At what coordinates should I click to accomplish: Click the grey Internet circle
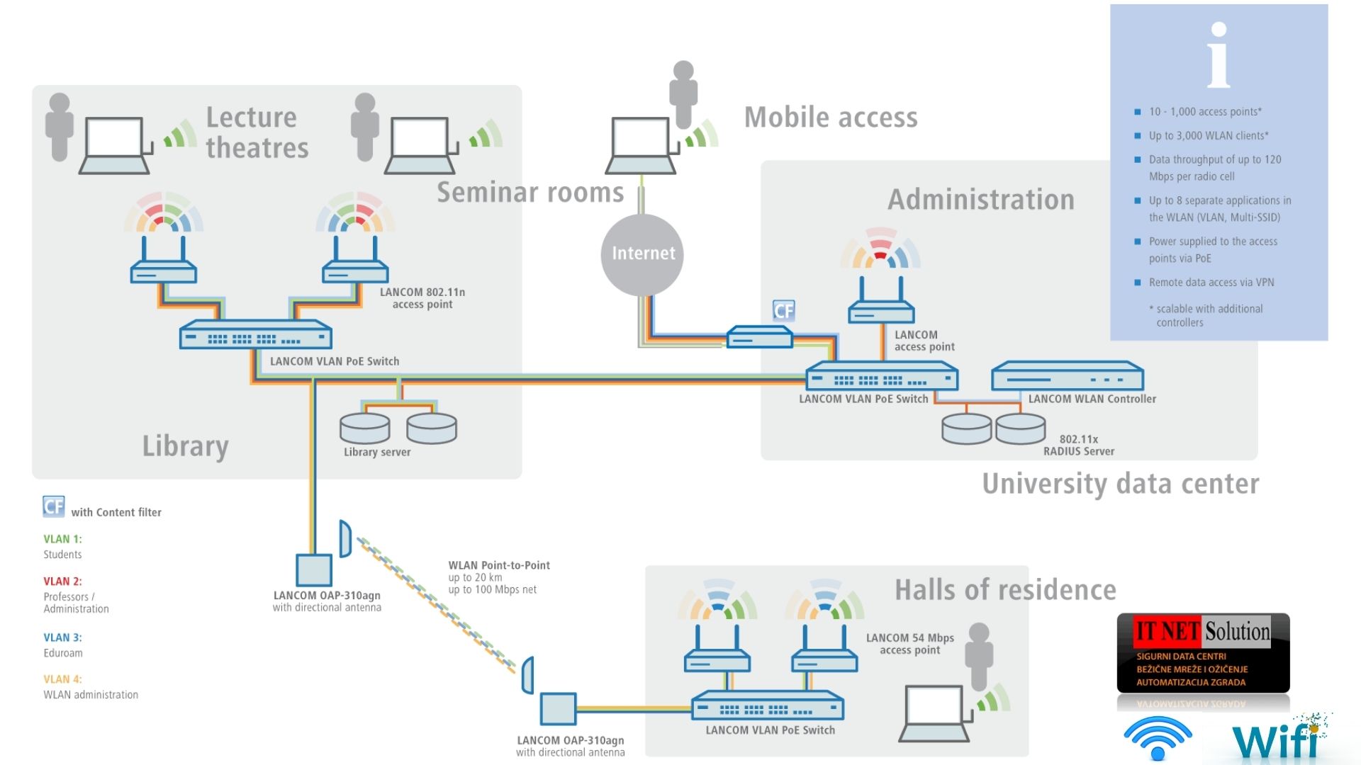pyautogui.click(x=642, y=254)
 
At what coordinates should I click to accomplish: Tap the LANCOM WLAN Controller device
pyautogui.click(x=1067, y=376)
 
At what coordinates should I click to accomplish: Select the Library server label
pyautogui.click(x=377, y=452)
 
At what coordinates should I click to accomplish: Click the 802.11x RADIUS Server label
pyautogui.click(x=1078, y=445)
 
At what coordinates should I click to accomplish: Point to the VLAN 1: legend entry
pyautogui.click(x=62, y=539)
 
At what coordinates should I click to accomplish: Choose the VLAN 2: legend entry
pyautogui.click(x=62, y=582)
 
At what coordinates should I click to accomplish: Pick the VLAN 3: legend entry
pyautogui.click(x=62, y=637)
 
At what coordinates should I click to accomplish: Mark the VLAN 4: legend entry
pyautogui.click(x=62, y=679)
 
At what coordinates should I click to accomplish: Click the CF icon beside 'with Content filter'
pyautogui.click(x=53, y=506)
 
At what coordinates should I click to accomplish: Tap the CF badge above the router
pyautogui.click(x=783, y=310)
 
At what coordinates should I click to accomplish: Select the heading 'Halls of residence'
pyautogui.click(x=1005, y=590)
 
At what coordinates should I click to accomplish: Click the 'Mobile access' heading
pyautogui.click(x=831, y=118)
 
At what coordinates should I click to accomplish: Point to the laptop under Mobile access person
pyautogui.click(x=641, y=145)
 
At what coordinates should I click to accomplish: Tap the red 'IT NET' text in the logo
pyautogui.click(x=1167, y=630)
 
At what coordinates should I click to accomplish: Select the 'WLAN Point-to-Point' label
pyautogui.click(x=499, y=565)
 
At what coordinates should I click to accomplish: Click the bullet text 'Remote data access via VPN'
pyautogui.click(x=1211, y=283)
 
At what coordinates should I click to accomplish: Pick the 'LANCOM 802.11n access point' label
pyautogui.click(x=422, y=298)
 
